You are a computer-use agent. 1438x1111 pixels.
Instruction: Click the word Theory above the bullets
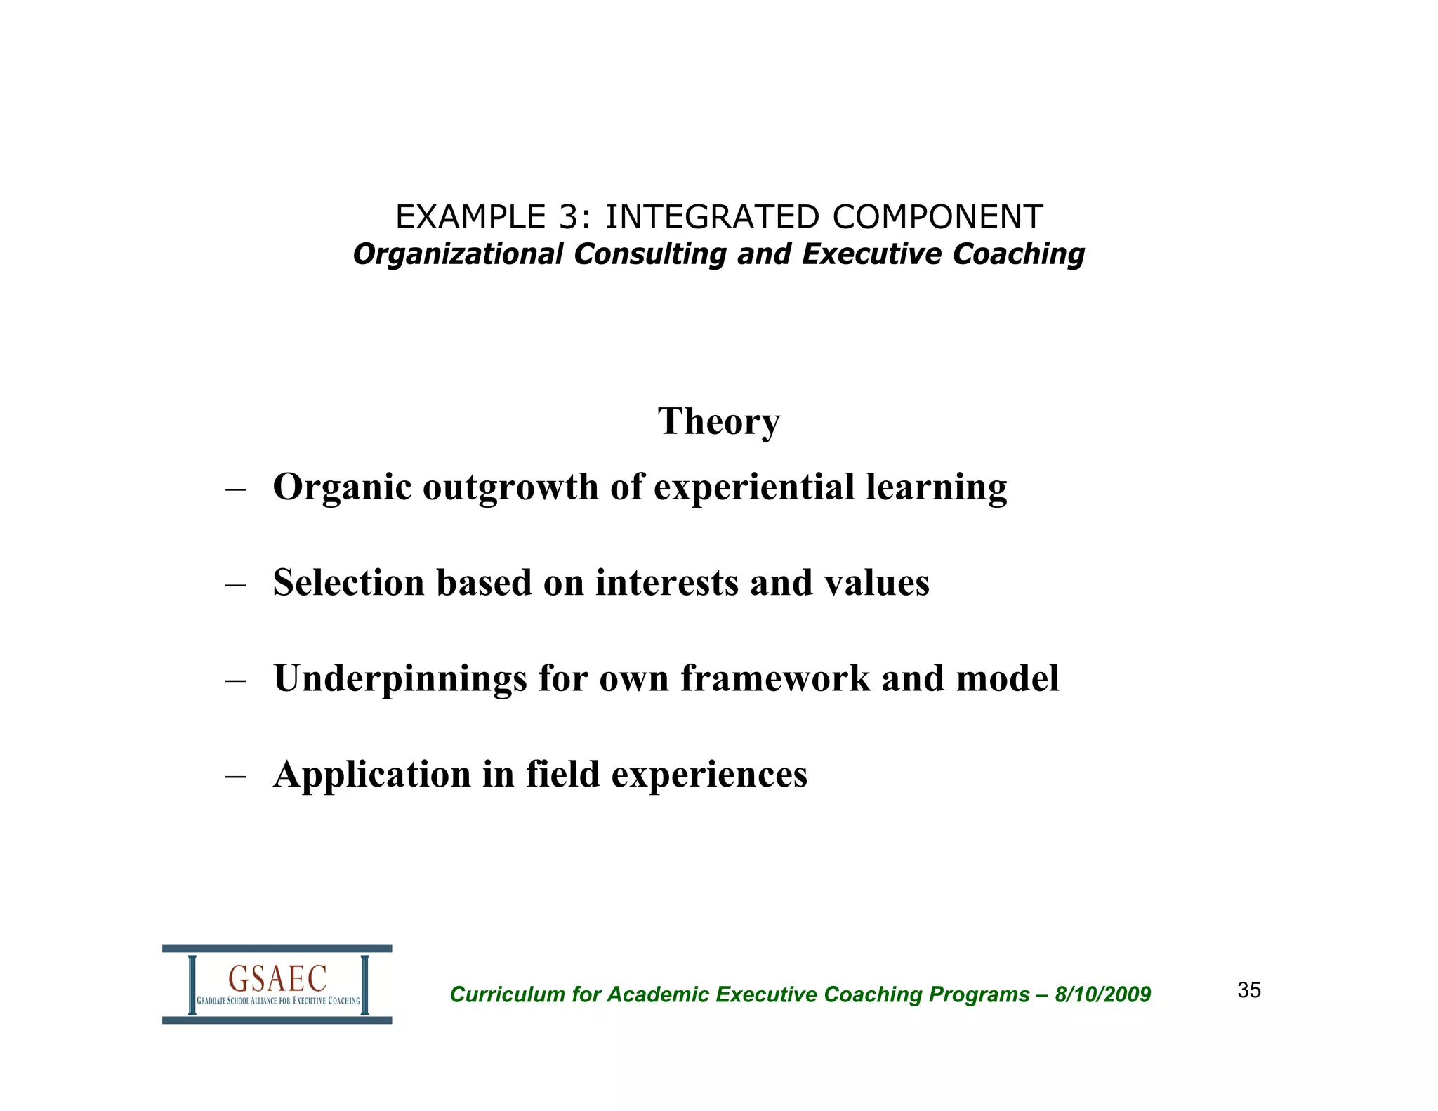(x=718, y=421)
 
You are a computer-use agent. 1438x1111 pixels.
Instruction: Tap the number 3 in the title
(x=568, y=217)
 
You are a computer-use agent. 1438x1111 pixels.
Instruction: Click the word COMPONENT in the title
(x=938, y=217)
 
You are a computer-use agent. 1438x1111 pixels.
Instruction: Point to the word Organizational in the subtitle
(x=458, y=254)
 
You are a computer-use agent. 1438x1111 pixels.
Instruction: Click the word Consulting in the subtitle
(x=649, y=254)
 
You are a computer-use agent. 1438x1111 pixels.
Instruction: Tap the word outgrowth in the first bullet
(x=510, y=487)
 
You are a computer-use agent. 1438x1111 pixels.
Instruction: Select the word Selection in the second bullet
(x=348, y=583)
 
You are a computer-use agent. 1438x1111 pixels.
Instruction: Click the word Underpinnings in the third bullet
(x=400, y=679)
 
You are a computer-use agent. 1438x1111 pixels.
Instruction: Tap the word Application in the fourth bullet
(x=372, y=775)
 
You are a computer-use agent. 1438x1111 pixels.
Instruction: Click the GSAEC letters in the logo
(x=277, y=978)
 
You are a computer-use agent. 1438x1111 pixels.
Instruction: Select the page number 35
(x=1249, y=990)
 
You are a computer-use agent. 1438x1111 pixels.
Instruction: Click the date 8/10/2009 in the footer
(x=1103, y=994)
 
